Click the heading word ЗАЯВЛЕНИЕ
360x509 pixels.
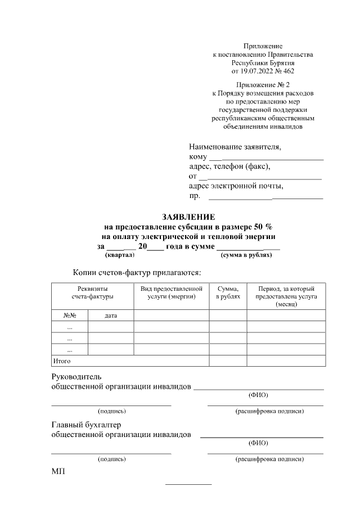click(x=188, y=217)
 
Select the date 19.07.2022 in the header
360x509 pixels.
click(x=256, y=71)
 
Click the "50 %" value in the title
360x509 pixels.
click(x=262, y=227)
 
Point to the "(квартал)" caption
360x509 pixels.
click(x=120, y=255)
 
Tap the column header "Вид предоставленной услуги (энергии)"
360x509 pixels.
click(x=171, y=292)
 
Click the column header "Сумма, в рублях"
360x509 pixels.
click(x=228, y=292)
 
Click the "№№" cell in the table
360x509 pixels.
click(x=69, y=316)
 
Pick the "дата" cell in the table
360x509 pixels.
click(x=111, y=316)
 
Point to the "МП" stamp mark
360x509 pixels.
click(x=58, y=471)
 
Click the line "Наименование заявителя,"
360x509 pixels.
click(x=235, y=147)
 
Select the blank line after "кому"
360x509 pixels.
click(x=266, y=160)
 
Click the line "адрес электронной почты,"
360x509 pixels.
click(x=236, y=185)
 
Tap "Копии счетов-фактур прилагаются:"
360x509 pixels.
click(x=137, y=272)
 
